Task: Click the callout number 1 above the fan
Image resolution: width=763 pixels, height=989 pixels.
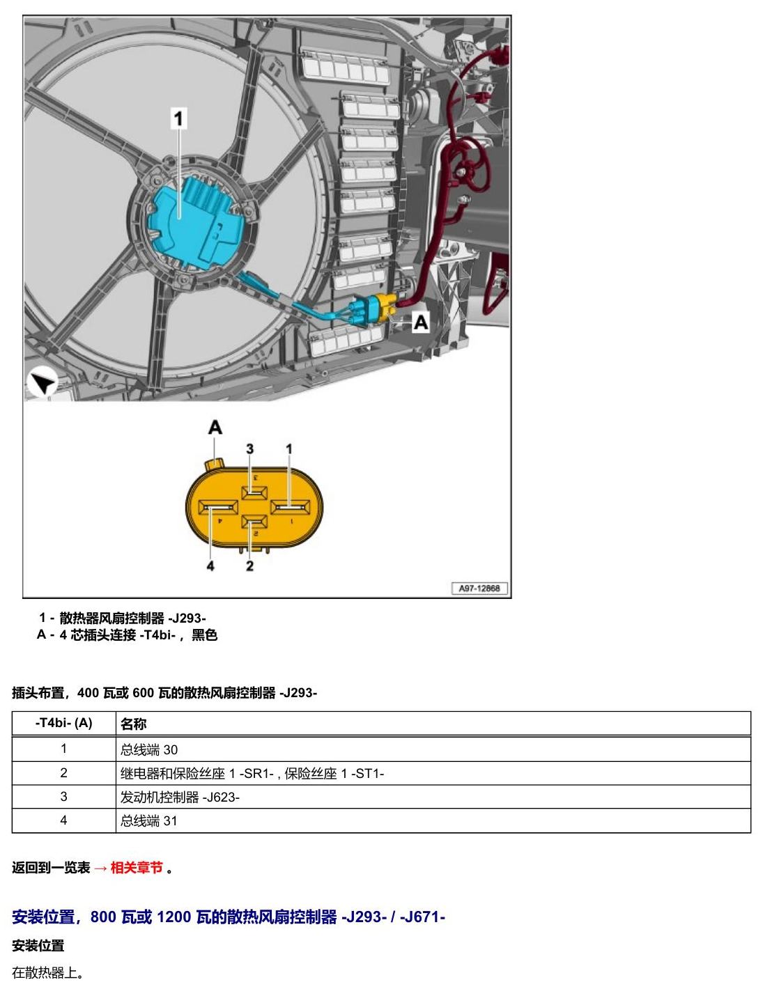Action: pos(178,118)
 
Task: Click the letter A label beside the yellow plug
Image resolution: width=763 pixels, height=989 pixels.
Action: pos(421,322)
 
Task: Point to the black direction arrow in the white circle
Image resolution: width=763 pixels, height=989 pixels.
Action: pos(43,383)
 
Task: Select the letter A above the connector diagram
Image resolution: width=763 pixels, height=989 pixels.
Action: pos(215,428)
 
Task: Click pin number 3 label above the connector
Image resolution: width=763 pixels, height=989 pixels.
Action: pos(249,449)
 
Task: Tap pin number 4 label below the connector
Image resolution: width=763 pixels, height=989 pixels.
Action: pos(210,566)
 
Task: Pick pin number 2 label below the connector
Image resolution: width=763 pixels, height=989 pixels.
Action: pos(249,566)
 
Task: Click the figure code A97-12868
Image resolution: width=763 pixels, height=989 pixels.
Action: pos(479,588)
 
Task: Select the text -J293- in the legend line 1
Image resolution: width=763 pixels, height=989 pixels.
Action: pos(187,618)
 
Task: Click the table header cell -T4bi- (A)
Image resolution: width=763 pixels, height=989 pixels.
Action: pos(63,723)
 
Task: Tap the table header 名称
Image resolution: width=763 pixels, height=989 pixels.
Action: pos(133,724)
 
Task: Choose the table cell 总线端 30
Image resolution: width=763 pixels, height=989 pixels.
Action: pos(149,749)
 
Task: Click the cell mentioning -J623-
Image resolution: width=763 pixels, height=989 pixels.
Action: pos(180,797)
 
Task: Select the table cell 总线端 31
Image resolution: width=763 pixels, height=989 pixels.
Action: pos(148,820)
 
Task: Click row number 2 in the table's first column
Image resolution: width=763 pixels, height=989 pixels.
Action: pos(63,772)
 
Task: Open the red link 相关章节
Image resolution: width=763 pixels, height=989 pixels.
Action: pos(136,868)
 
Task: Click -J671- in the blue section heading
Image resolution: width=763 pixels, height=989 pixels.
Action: pos(422,916)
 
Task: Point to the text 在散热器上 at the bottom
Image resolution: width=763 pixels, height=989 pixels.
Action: pos(45,972)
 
